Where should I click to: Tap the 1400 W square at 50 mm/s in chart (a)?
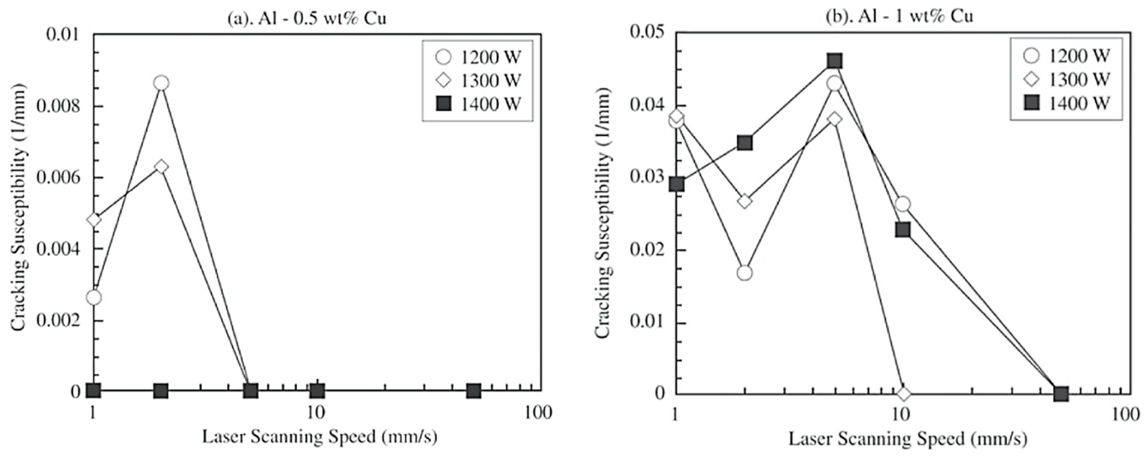click(x=474, y=391)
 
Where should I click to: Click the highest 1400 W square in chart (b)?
click(x=834, y=61)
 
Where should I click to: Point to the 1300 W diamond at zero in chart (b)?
click(x=903, y=393)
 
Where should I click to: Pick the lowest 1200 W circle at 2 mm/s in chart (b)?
click(x=745, y=272)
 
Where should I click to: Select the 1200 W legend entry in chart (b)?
click(x=1066, y=56)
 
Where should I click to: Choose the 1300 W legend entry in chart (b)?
click(x=1066, y=79)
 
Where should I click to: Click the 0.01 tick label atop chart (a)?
click(x=62, y=34)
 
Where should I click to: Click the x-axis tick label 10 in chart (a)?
click(x=316, y=413)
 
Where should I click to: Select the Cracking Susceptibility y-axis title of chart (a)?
click(x=19, y=208)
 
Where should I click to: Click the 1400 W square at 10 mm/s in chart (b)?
click(x=903, y=230)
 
